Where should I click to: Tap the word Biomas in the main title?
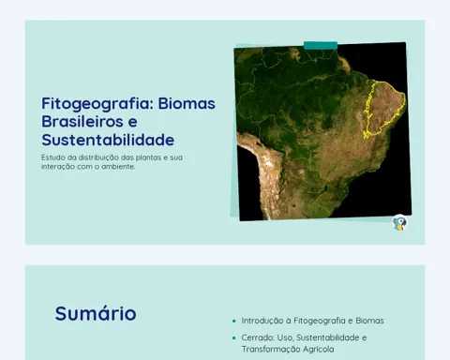tap(187, 103)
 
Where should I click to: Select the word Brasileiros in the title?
tap(82, 121)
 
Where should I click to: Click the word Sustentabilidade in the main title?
tap(108, 140)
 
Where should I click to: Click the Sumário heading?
tap(96, 313)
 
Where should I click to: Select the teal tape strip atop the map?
tap(321, 45)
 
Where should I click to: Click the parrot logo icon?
tap(399, 223)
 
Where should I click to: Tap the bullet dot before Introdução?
tap(234, 321)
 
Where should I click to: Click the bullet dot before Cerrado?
tap(234, 337)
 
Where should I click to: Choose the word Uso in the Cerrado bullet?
tap(285, 337)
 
